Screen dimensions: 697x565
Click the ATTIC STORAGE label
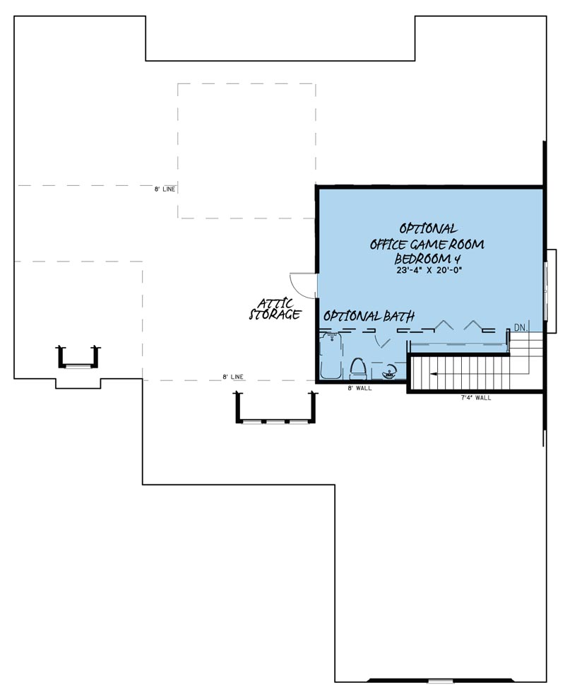coord(275,309)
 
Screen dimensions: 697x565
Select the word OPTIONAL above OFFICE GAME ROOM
coord(428,228)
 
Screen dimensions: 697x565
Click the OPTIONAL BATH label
coord(369,316)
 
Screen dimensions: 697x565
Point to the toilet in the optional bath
coord(358,368)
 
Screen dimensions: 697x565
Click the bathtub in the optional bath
coord(329,357)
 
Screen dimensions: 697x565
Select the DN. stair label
coord(521,327)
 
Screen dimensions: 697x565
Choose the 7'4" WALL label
coord(475,398)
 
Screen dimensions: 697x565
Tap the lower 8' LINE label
coord(233,377)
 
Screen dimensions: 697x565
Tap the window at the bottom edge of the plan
coord(440,681)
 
